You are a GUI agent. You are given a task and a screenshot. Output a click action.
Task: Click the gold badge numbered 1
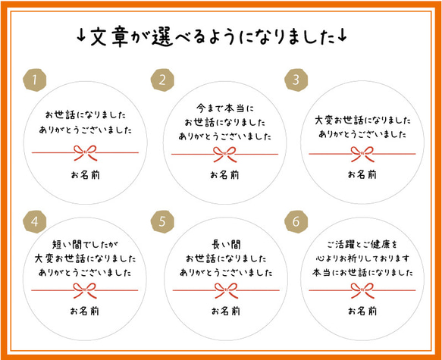[34, 80]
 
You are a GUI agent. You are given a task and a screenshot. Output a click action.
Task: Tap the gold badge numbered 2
[162, 80]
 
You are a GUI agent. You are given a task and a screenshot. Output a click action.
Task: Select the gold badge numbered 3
[296, 80]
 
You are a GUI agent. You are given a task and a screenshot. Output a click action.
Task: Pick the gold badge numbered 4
[34, 222]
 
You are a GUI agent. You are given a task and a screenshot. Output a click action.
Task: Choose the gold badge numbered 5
[162, 222]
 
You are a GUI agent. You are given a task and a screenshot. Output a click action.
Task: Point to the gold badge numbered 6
[296, 222]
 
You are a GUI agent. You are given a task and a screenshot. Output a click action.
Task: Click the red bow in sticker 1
[85, 153]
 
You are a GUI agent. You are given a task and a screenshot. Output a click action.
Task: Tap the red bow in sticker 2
[224, 155]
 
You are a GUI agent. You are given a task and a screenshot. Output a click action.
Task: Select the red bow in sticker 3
[362, 154]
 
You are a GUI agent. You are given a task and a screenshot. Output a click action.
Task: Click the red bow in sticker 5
[226, 290]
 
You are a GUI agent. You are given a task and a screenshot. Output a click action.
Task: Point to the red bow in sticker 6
[362, 290]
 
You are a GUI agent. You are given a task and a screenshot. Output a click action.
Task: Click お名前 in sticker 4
[85, 311]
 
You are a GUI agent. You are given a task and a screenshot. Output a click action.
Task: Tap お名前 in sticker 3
[362, 174]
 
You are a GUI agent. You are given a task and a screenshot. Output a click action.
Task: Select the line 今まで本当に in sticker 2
[225, 108]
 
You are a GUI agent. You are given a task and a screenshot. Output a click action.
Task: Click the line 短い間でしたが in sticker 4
[85, 244]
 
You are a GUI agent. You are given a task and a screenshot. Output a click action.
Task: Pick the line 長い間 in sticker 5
[226, 245]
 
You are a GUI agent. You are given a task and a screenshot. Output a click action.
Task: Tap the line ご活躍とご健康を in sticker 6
[362, 244]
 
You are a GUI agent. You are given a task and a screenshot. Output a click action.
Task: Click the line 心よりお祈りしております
[362, 258]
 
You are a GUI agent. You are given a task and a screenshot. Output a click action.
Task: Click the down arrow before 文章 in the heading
[81, 36]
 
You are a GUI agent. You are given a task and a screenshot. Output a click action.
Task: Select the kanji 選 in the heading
[162, 36]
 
